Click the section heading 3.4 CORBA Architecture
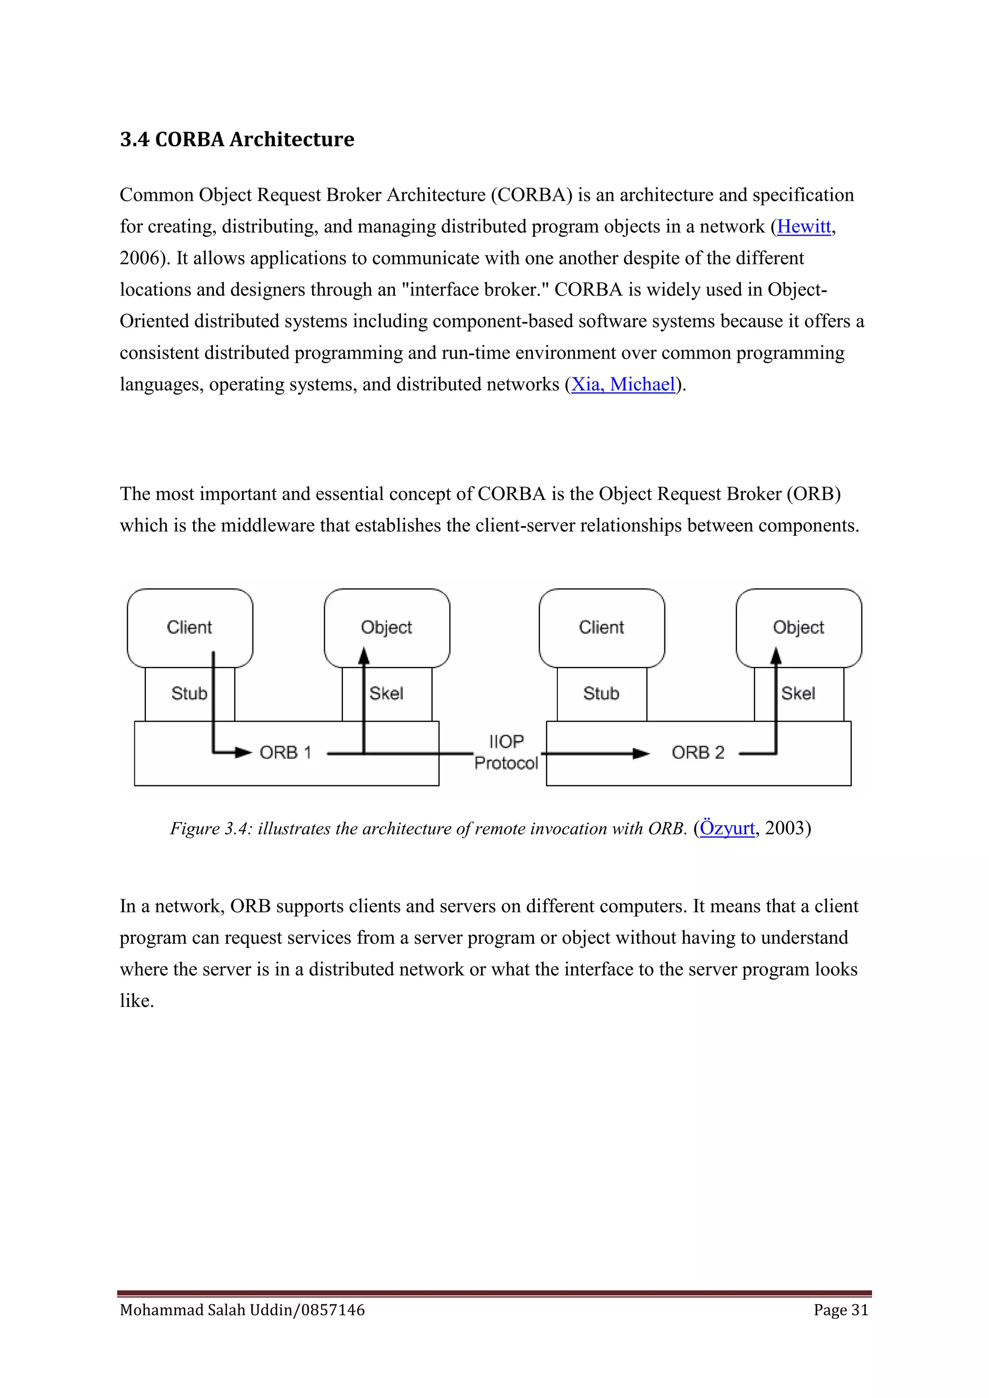[x=237, y=140]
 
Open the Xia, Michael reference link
[x=623, y=384]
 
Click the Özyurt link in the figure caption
[x=727, y=828]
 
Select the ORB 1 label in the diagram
[x=285, y=753]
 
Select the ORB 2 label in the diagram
[x=698, y=753]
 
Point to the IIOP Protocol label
[x=506, y=752]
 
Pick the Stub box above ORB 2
[x=601, y=694]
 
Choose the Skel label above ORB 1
[x=387, y=694]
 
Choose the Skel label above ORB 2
[x=798, y=694]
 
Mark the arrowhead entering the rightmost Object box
[x=776, y=656]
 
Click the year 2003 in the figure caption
[x=784, y=828]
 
